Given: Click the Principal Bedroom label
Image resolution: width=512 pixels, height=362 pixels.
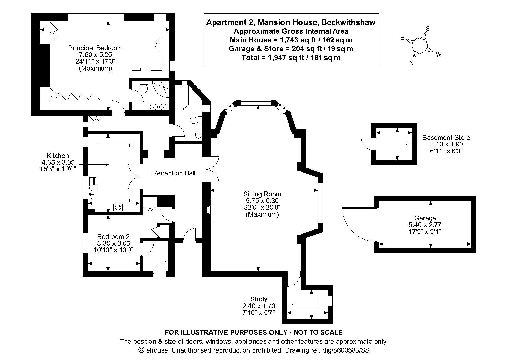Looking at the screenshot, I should pyautogui.click(x=95, y=48).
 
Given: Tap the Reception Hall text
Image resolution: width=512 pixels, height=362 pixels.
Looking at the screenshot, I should pyautogui.click(x=173, y=173).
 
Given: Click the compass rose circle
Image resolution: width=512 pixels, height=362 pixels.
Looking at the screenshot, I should pyautogui.click(x=419, y=46).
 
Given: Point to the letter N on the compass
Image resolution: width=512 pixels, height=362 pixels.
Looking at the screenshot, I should pyautogui.click(x=411, y=63).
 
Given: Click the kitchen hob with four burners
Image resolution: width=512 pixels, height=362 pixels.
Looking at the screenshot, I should pyautogui.click(x=118, y=207).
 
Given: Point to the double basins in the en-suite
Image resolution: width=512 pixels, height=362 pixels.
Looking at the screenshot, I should pyautogui.click(x=158, y=107).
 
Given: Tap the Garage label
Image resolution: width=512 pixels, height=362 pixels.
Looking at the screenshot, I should pyautogui.click(x=425, y=218).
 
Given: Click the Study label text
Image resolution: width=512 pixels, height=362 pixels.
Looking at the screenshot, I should pyautogui.click(x=259, y=299).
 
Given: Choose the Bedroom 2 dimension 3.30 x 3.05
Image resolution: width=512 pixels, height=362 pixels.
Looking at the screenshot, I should pyautogui.click(x=113, y=243).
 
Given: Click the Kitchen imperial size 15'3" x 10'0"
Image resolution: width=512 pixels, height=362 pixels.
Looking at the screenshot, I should pyautogui.click(x=58, y=169).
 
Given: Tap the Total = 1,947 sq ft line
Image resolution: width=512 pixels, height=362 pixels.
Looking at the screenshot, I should pyautogui.click(x=291, y=58).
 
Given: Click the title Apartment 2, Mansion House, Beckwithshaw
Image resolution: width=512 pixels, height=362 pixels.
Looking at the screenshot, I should pyautogui.click(x=291, y=22).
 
